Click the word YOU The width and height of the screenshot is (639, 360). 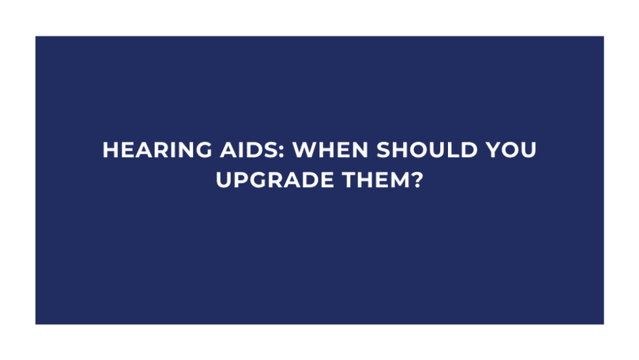(x=511, y=151)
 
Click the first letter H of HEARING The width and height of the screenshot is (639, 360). (x=111, y=151)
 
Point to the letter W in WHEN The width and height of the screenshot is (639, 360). (x=305, y=151)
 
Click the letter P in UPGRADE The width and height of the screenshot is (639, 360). (x=242, y=179)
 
